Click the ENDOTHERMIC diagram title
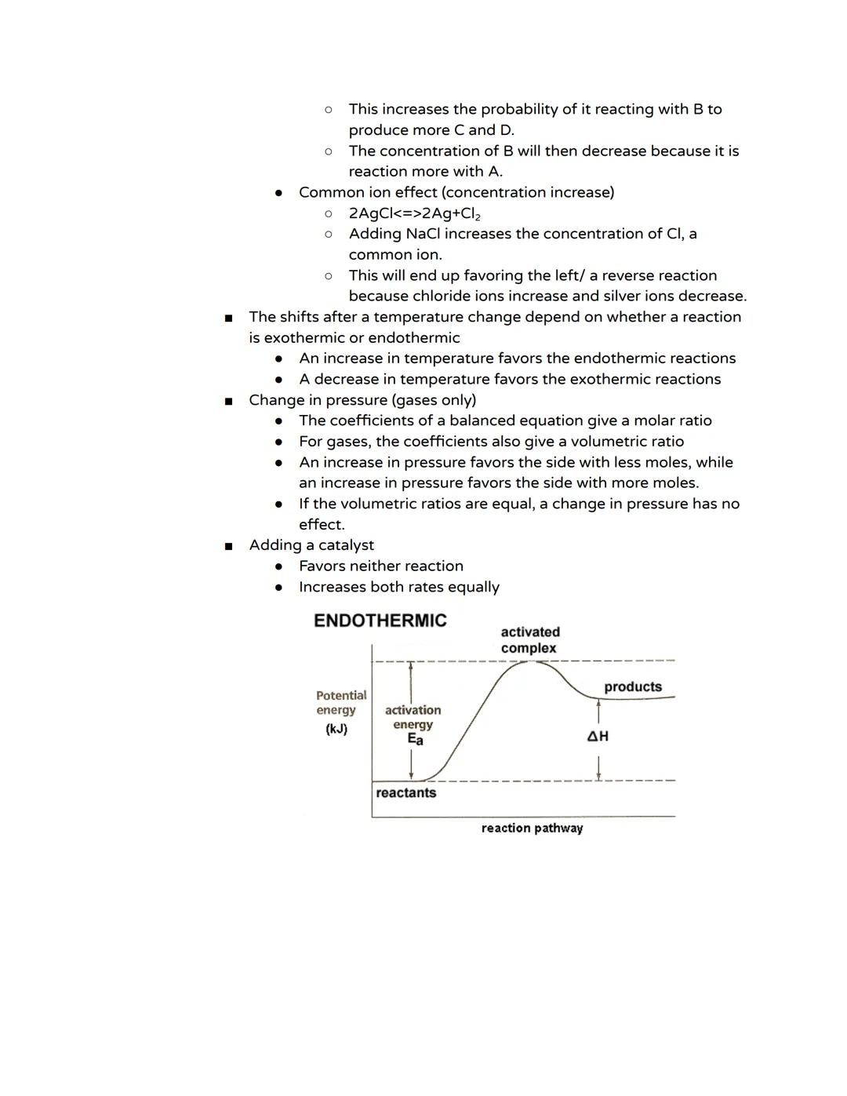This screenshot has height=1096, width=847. pos(380,621)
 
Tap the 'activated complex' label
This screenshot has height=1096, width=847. pos(530,640)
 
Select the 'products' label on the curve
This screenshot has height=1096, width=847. pos(632,686)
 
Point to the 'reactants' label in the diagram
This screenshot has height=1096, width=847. pos(405,792)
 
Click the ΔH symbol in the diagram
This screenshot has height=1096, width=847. pos(598,736)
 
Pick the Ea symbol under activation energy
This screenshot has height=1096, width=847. pos(415,739)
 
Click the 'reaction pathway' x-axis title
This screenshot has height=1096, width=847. pos(532,828)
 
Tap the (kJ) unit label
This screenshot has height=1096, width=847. pos(336,729)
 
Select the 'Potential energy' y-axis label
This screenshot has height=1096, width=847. pos(340,702)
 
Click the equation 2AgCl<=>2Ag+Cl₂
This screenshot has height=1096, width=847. pos(414,213)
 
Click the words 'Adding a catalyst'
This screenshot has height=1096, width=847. pos(311,545)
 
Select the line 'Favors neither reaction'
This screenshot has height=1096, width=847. pos(380,566)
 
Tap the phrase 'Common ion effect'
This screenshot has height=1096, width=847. pos(367,192)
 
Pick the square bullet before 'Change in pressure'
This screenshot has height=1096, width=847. pos(228,401)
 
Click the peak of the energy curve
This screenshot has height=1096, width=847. pos(531,662)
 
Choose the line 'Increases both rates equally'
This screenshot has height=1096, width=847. pos(398,587)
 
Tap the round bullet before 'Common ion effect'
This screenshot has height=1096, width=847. pos(278,193)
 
